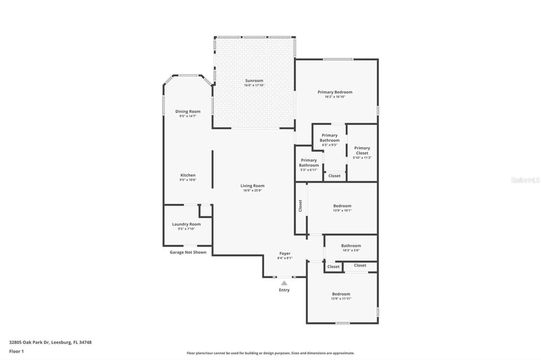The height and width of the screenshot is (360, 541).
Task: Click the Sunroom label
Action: tap(254, 81)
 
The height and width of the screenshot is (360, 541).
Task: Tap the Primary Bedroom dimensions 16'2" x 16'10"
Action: tap(335, 97)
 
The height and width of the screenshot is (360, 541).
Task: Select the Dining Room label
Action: tap(188, 111)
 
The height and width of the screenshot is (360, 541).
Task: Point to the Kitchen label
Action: tap(188, 175)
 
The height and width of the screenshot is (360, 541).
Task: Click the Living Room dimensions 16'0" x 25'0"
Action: tap(252, 190)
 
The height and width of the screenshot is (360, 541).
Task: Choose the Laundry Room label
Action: tap(186, 224)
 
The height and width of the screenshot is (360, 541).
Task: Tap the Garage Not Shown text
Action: tap(188, 252)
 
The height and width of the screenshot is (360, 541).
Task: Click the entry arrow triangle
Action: tap(284, 283)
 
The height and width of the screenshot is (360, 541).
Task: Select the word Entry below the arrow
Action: tap(284, 290)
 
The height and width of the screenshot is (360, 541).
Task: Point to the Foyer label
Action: tap(285, 254)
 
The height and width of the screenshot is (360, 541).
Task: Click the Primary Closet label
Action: tap(362, 151)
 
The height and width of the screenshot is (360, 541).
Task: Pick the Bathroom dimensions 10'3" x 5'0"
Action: tap(351, 250)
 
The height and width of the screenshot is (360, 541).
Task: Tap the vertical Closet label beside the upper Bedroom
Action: tap(300, 206)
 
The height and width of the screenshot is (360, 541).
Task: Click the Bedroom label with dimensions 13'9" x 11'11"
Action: tap(341, 294)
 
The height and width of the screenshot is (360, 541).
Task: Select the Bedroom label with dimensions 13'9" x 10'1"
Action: tap(342, 206)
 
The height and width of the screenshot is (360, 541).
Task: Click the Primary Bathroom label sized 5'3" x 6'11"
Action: tap(309, 163)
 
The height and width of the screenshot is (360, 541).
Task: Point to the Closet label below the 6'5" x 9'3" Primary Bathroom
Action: tap(334, 176)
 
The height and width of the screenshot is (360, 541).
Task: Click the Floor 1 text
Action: tap(17, 351)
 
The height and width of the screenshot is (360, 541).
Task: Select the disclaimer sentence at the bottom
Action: tap(270, 353)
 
